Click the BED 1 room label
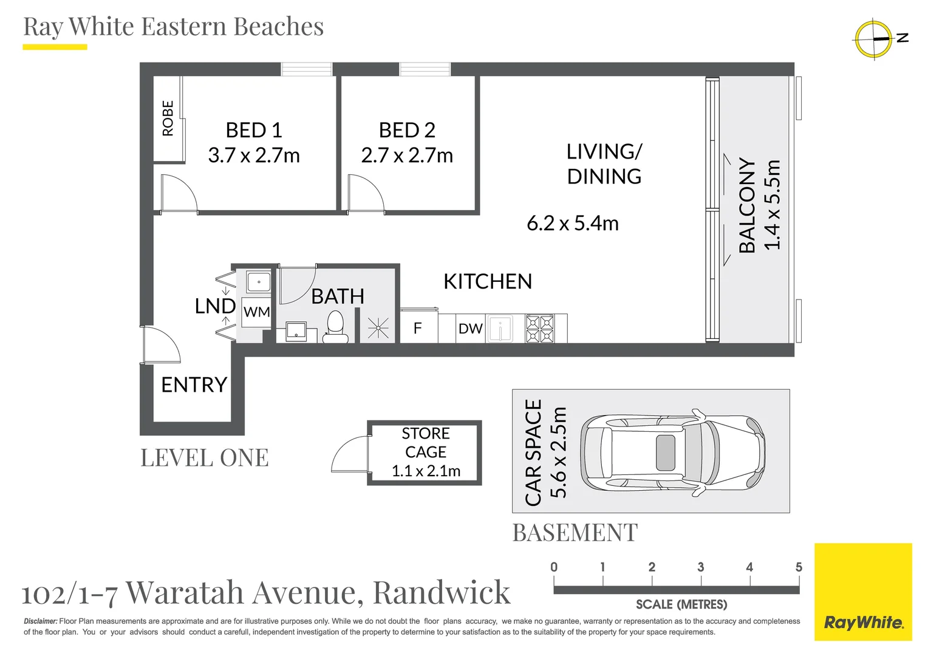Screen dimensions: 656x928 pos(254,130)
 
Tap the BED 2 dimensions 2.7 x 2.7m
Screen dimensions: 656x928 pos(407,155)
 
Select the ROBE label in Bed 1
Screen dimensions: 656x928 pos(168,118)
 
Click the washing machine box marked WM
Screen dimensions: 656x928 pos(256,312)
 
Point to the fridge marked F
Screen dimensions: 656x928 pos(418,329)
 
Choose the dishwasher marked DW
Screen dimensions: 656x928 pos(470,329)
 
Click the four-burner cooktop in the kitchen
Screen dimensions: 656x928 pos(539,329)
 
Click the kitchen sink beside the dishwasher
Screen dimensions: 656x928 pos(500,329)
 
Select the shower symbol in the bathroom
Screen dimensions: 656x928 pos(378,329)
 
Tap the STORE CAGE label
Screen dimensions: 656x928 pos(425,442)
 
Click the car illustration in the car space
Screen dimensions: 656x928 pos(672,452)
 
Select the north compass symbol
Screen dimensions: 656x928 pos(873,39)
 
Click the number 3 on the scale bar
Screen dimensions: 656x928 pos(700,567)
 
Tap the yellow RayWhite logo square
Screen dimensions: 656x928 pos(862,592)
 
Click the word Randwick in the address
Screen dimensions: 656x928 pos(441,592)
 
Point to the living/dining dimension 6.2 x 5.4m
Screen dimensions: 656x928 pos(572,224)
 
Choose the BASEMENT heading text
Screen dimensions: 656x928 pos(575,533)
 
